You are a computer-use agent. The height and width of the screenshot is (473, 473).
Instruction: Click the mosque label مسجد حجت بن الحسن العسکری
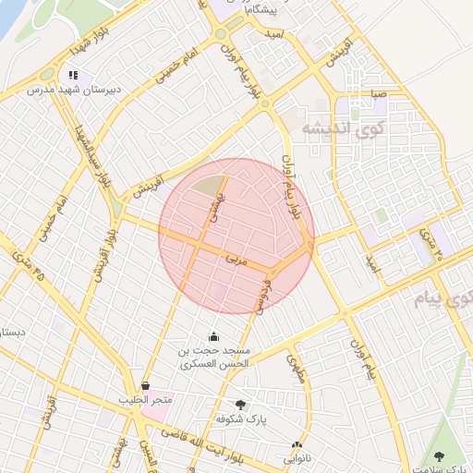[214, 358]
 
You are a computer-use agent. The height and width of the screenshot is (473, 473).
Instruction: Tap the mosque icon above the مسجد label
[214, 336]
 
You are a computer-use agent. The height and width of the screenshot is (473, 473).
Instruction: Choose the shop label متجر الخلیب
[145, 400]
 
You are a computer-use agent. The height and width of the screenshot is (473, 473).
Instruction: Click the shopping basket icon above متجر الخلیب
[145, 386]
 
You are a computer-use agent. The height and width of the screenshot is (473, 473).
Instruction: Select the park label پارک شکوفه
[242, 418]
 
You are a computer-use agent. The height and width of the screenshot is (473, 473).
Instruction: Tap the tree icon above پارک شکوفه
[241, 405]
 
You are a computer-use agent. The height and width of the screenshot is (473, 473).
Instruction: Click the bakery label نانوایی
[297, 457]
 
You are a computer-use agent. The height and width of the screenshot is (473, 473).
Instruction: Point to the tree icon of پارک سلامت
[439, 456]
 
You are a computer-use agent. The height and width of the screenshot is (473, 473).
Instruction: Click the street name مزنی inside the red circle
[237, 262]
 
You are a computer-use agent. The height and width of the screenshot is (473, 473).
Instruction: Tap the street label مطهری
[296, 369]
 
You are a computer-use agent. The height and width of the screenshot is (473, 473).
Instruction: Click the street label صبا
[378, 93]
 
